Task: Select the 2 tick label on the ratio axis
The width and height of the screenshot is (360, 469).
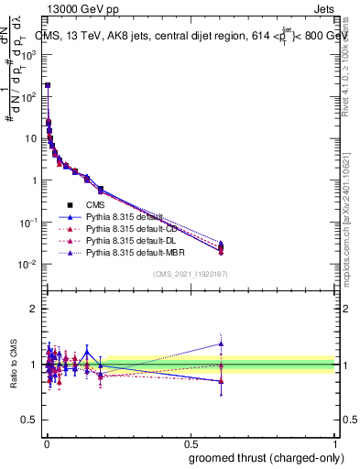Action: [33, 309]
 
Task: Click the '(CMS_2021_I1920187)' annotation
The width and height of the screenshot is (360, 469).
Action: [191, 273]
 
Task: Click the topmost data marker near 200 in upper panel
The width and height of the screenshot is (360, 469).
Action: [47, 85]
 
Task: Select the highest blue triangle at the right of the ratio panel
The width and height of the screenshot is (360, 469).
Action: [220, 344]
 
